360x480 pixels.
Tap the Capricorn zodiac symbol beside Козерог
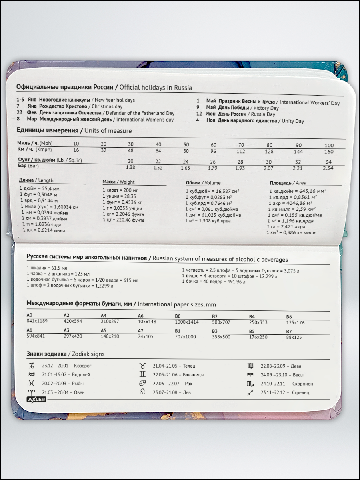click(32, 366)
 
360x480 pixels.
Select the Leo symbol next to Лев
click(142, 392)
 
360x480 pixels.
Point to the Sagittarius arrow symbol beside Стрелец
click(250, 393)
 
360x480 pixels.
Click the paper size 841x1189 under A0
click(37, 322)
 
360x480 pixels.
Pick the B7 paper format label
click(289, 332)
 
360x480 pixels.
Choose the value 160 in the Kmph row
click(328, 152)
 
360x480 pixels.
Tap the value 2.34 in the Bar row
click(328, 168)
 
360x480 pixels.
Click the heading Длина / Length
click(36, 180)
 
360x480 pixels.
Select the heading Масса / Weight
click(118, 182)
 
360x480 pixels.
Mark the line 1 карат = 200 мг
click(120, 190)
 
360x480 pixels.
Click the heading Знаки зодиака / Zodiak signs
click(66, 354)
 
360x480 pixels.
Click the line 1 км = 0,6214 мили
click(44, 230)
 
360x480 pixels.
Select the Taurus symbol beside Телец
click(142, 366)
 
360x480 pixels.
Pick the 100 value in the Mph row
click(329, 145)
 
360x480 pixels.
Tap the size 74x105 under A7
click(146, 337)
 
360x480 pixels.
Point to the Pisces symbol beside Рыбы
click(32, 384)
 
